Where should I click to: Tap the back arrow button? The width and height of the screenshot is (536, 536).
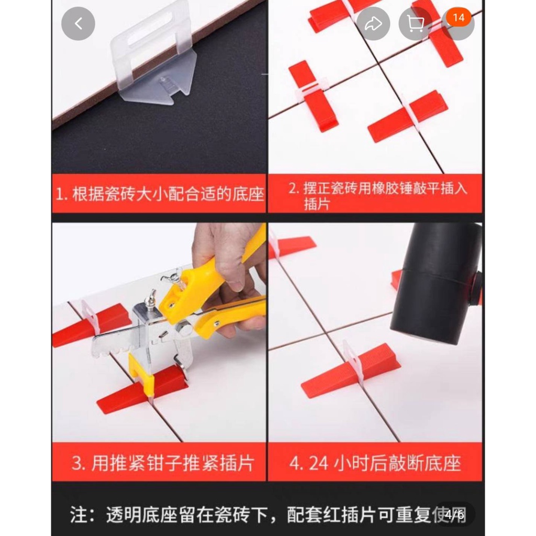click(79, 24)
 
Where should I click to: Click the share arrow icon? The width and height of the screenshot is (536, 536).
click(373, 24)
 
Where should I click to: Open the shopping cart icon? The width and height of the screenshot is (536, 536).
click(415, 24)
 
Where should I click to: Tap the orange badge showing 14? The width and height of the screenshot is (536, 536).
click(459, 17)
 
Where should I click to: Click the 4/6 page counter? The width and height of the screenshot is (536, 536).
click(454, 514)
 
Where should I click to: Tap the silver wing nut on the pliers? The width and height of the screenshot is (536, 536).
click(177, 275)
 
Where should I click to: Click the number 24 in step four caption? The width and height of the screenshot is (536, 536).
click(318, 463)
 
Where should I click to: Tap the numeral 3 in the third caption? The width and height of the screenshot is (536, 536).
click(77, 463)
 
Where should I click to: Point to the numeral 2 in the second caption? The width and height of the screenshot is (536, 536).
click(293, 188)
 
